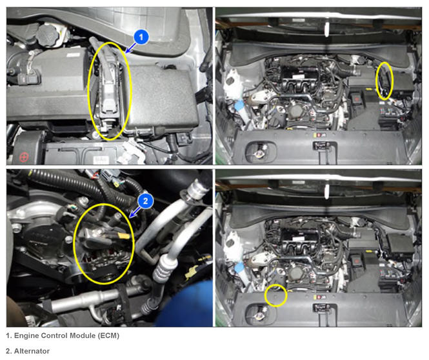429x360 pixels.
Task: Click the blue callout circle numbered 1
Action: [x=141, y=37]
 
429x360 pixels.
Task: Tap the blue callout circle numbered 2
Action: [x=145, y=201]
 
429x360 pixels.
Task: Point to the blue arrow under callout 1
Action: [x=130, y=48]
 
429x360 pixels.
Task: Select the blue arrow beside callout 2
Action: [x=135, y=212]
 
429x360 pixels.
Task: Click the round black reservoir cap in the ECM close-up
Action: [x=48, y=35]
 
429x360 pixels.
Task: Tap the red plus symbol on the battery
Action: [x=24, y=157]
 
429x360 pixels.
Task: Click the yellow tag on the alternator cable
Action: [x=124, y=235]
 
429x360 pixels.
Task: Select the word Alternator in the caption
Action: [x=32, y=351]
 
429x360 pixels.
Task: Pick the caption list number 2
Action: [x=8, y=351]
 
